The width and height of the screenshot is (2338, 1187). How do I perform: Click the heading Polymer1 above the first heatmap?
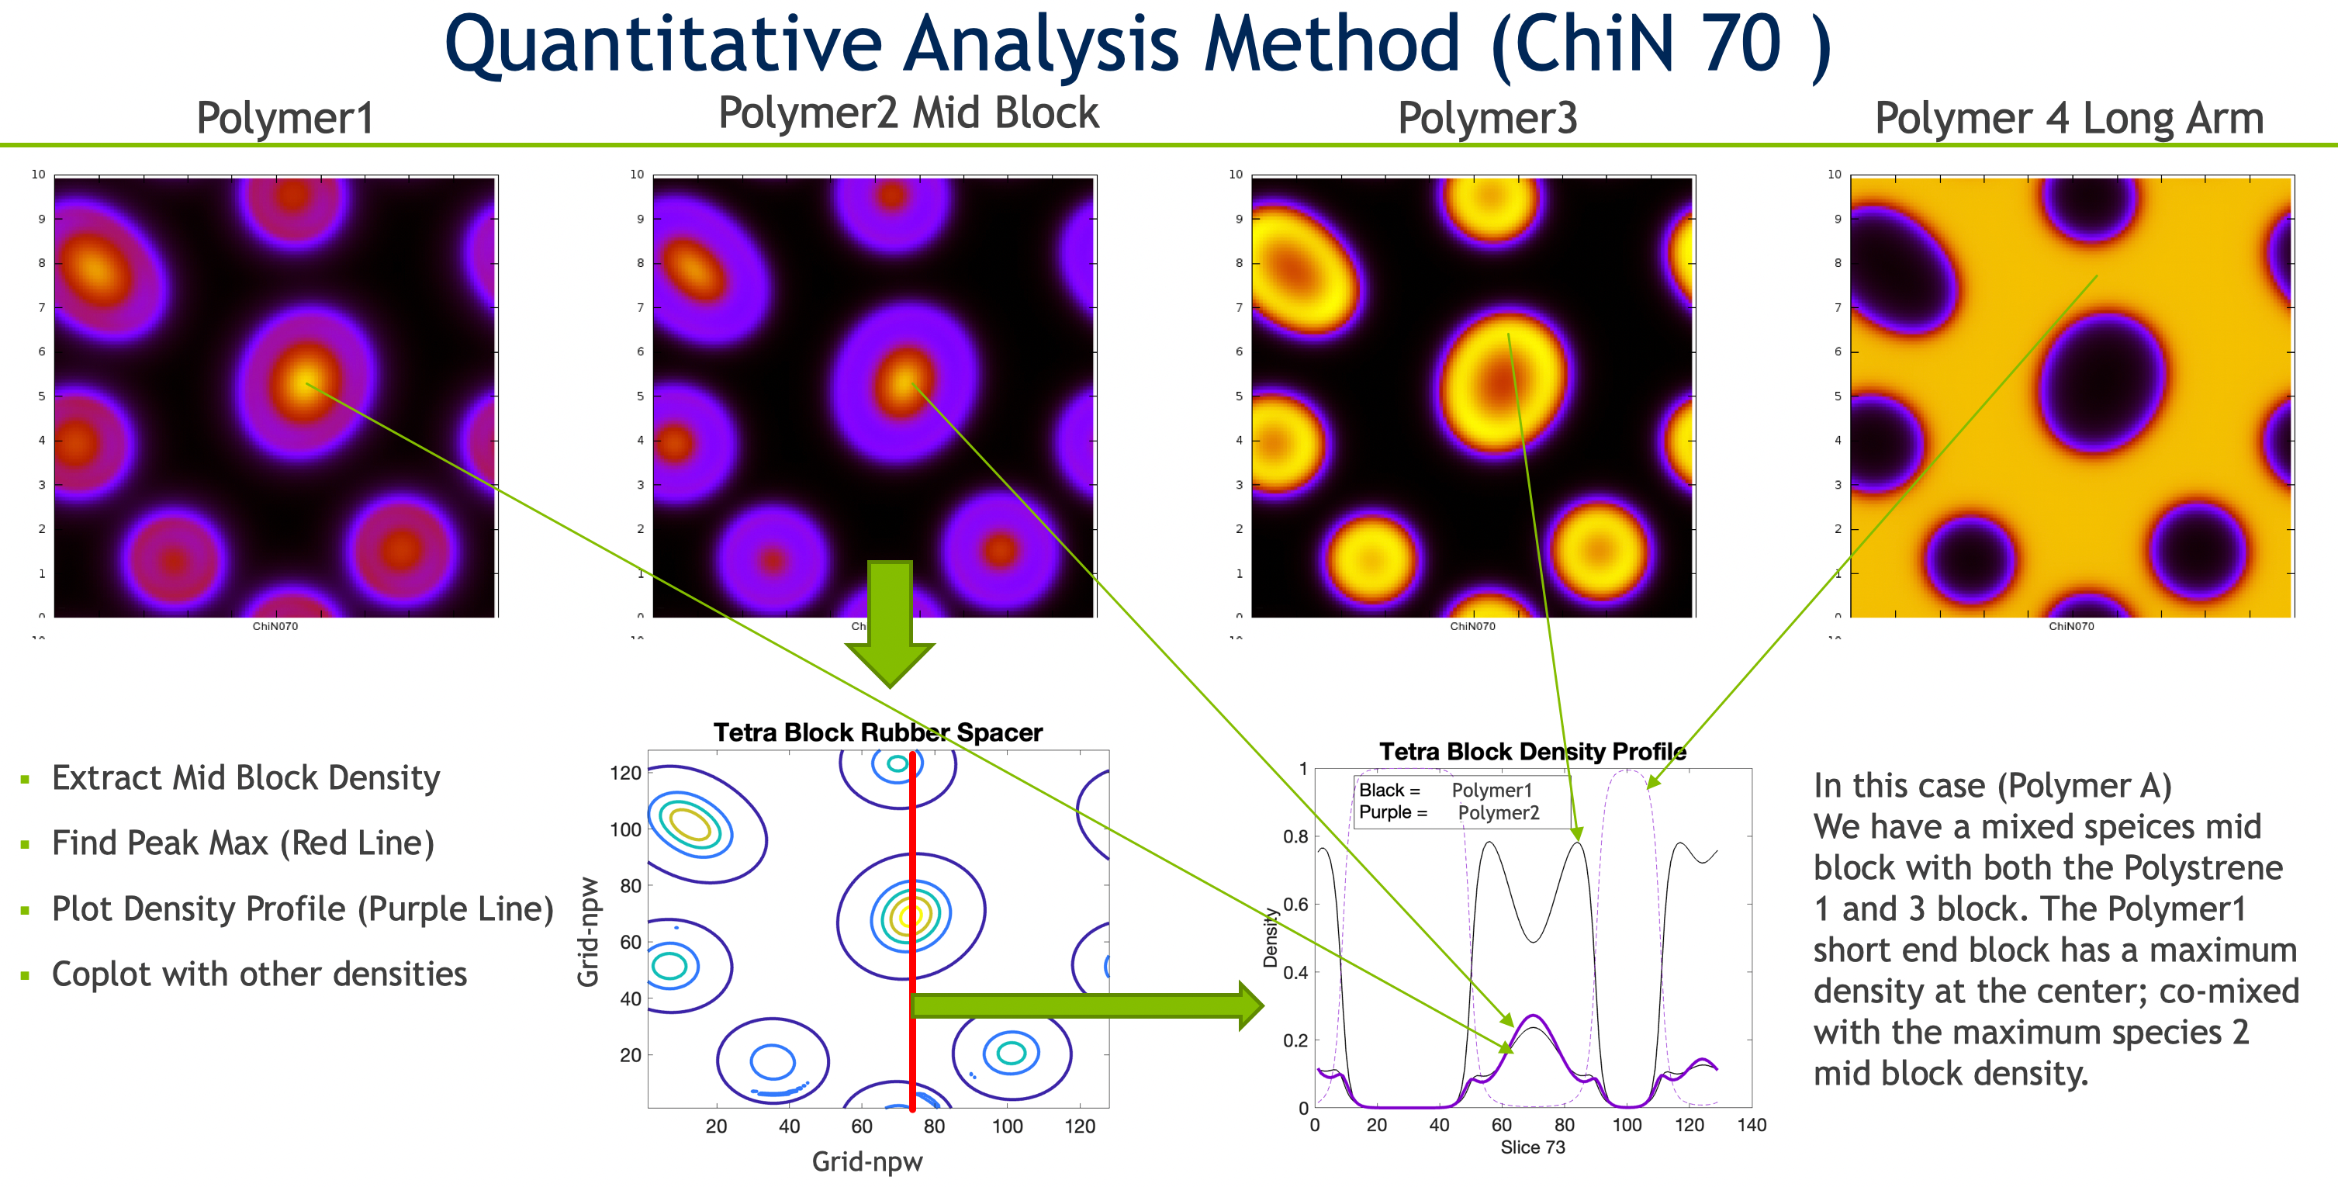285,118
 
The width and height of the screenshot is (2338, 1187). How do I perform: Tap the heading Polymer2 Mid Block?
908,113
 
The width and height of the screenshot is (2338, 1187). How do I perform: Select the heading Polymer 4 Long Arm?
2069,118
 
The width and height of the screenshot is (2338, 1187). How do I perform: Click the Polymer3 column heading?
1487,118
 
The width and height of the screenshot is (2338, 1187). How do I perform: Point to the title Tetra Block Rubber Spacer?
877,732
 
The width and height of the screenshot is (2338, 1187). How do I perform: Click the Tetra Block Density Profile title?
1532,752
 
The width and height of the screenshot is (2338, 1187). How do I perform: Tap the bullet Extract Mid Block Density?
245,777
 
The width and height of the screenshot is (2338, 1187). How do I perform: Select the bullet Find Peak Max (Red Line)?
242,843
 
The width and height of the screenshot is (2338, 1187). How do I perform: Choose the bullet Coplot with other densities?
258,974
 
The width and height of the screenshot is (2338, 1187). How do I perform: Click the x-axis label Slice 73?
1532,1147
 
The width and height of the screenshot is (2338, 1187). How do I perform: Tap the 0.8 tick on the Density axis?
1295,836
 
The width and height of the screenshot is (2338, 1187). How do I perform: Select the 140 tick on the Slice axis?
1751,1125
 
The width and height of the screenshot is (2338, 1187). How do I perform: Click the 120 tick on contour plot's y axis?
625,773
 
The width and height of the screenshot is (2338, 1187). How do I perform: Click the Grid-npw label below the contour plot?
866,1161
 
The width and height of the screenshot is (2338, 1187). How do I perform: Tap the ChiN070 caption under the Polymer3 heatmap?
1472,626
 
